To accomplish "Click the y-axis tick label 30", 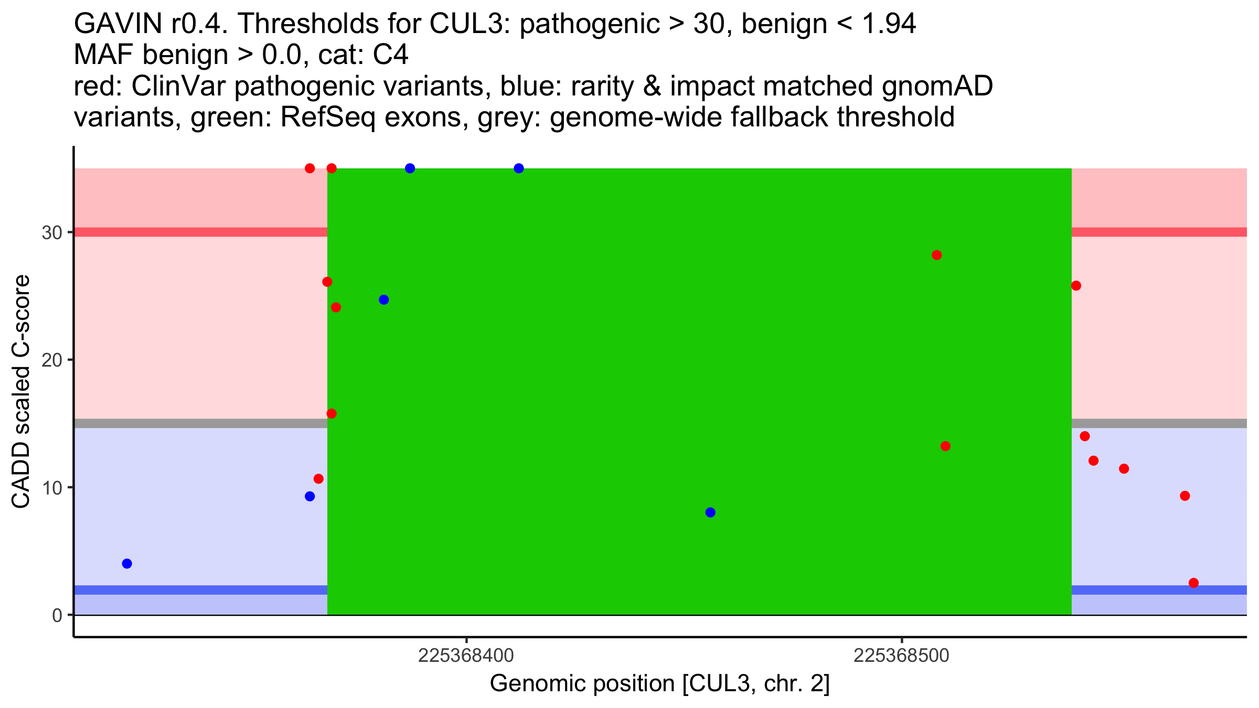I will pos(52,232).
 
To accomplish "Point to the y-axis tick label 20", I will pos(52,360).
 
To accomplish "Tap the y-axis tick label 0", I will pos(57,615).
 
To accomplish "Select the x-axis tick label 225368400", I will pos(466,656).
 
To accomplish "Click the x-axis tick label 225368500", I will pos(901,656).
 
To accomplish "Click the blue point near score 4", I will pos(127,564).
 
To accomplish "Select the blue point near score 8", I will pos(710,512).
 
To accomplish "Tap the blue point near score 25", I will pos(384,300).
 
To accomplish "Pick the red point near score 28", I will pos(937,255).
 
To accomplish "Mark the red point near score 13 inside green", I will pos(945,446).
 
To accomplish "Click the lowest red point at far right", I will pos(1193,583).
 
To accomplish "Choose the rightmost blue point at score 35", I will pos(519,168).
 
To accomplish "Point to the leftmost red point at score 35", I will pos(310,168).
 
